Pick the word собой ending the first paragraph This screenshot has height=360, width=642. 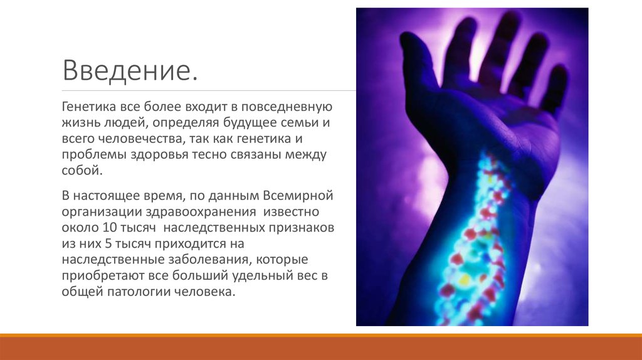[81, 171]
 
